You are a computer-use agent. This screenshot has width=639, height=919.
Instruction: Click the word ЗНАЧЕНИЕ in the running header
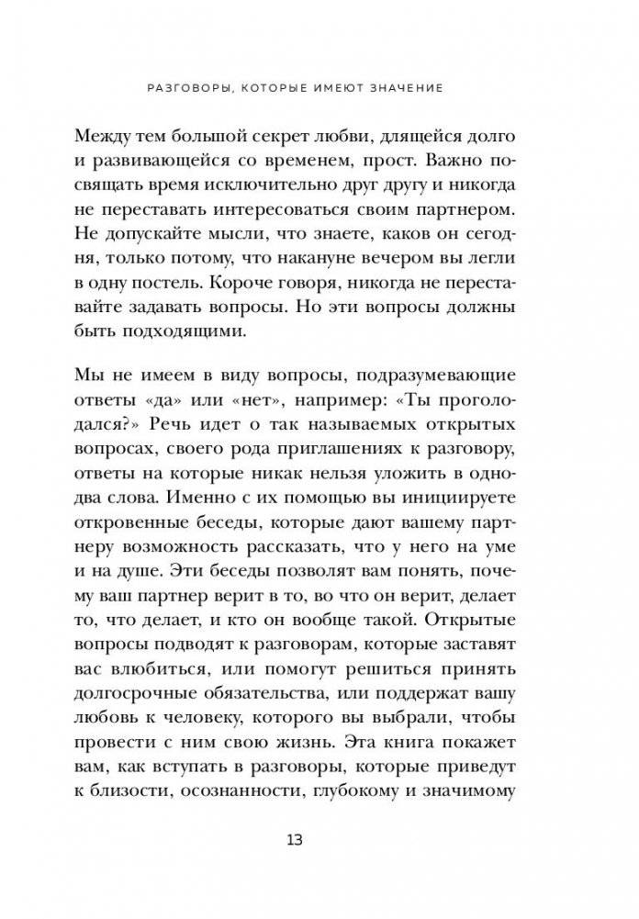[x=402, y=88]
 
